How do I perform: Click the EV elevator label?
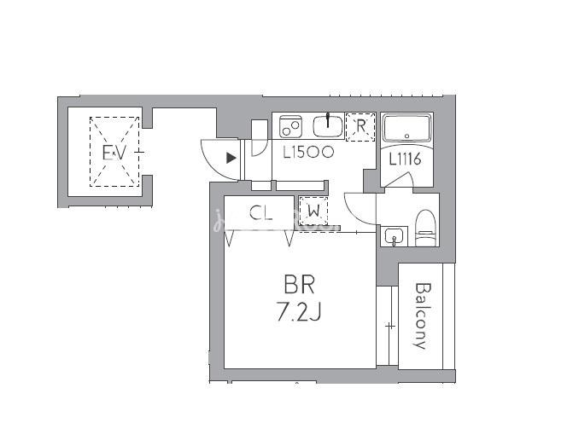(x=114, y=153)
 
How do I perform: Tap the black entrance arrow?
(x=231, y=158)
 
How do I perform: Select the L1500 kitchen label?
(x=308, y=152)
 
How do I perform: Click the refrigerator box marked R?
(x=360, y=126)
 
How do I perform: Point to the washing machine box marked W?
(x=313, y=211)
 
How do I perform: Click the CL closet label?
(x=261, y=212)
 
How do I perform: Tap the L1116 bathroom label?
(x=405, y=159)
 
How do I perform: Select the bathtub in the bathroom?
(x=406, y=129)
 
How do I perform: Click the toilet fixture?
(x=426, y=228)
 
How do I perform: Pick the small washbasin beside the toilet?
(x=394, y=236)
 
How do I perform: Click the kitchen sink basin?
(x=328, y=126)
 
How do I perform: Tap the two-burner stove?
(x=290, y=126)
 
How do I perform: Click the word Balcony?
(x=422, y=316)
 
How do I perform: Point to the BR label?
(x=299, y=285)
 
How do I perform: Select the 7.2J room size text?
(x=299, y=312)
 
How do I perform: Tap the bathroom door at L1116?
(x=399, y=180)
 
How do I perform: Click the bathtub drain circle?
(x=407, y=136)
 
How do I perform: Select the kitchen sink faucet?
(x=328, y=120)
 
